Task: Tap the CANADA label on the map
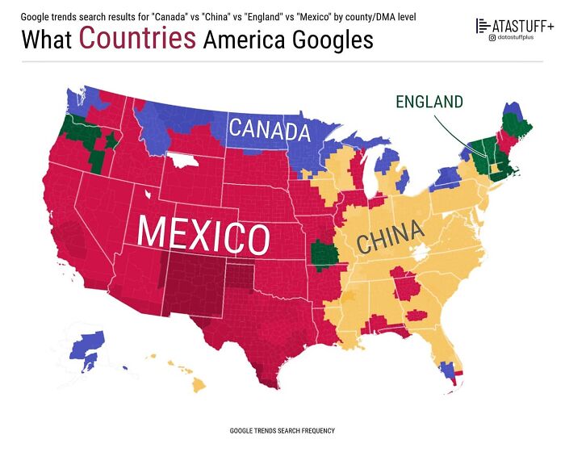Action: tap(269, 129)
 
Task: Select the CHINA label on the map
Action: tap(390, 237)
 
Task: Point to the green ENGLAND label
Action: tap(429, 102)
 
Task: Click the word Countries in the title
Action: tap(137, 38)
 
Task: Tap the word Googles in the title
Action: tap(328, 39)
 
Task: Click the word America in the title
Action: tap(241, 39)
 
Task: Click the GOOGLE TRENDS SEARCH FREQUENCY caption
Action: tap(282, 431)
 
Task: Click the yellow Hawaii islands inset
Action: tap(196, 381)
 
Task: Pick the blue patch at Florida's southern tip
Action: tap(446, 370)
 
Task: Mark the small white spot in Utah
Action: tap(147, 195)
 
